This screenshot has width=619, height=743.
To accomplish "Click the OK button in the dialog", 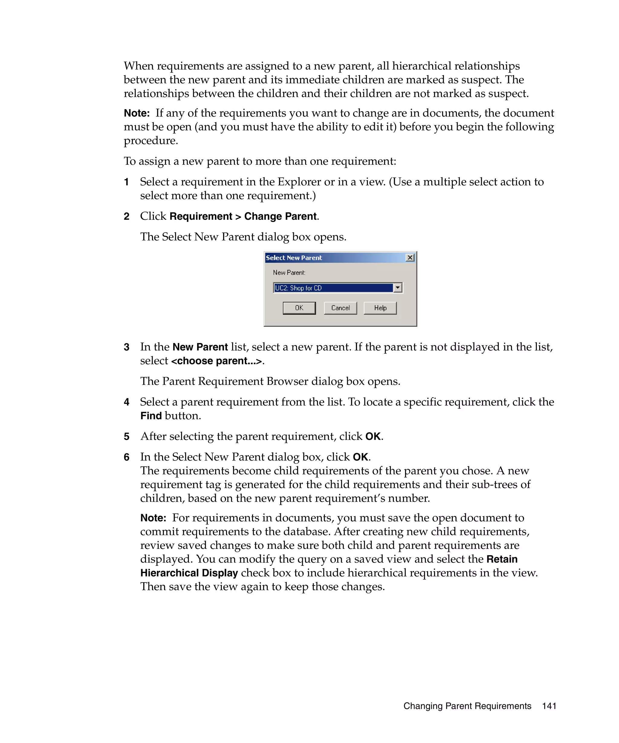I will click(299, 308).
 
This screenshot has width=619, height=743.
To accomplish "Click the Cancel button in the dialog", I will click(340, 308).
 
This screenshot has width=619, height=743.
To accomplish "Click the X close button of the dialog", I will click(410, 258).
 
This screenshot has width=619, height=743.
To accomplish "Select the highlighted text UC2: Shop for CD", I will click(298, 288).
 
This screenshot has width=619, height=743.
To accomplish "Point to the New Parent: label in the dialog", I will click(289, 272).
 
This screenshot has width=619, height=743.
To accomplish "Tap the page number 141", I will click(549, 706).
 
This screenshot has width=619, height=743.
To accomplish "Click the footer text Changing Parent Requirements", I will click(467, 706).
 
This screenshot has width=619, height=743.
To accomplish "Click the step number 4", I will click(127, 402).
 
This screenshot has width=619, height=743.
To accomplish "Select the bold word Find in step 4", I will click(151, 416).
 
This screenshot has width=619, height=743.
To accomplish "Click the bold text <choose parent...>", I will click(217, 361).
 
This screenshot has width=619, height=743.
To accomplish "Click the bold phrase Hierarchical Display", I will click(189, 573).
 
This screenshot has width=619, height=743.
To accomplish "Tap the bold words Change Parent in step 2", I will click(280, 216).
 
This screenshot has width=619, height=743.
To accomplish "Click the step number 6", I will click(127, 457).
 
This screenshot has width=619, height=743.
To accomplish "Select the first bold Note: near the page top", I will click(137, 113).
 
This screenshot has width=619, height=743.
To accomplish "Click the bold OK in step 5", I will click(372, 436).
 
